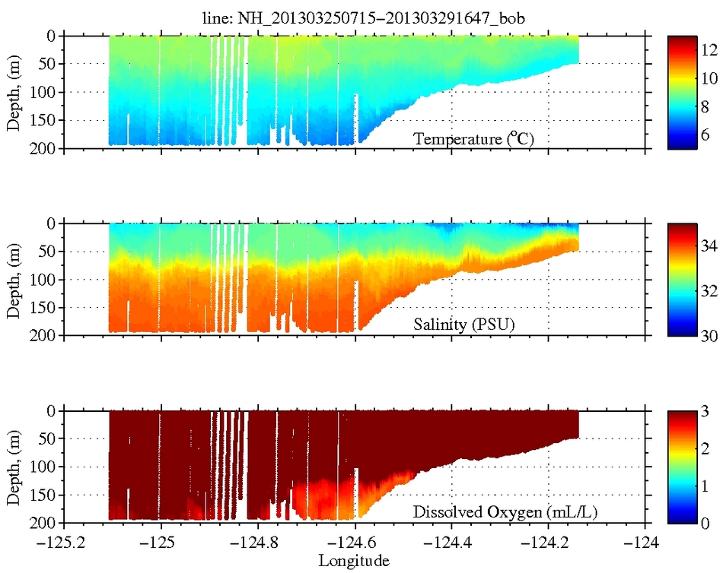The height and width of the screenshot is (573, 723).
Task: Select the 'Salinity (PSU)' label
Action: point(463,326)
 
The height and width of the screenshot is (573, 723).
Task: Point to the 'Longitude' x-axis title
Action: point(354,561)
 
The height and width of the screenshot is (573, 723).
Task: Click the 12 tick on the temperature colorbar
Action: point(709,50)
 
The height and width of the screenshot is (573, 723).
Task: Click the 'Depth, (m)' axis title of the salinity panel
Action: point(14,279)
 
